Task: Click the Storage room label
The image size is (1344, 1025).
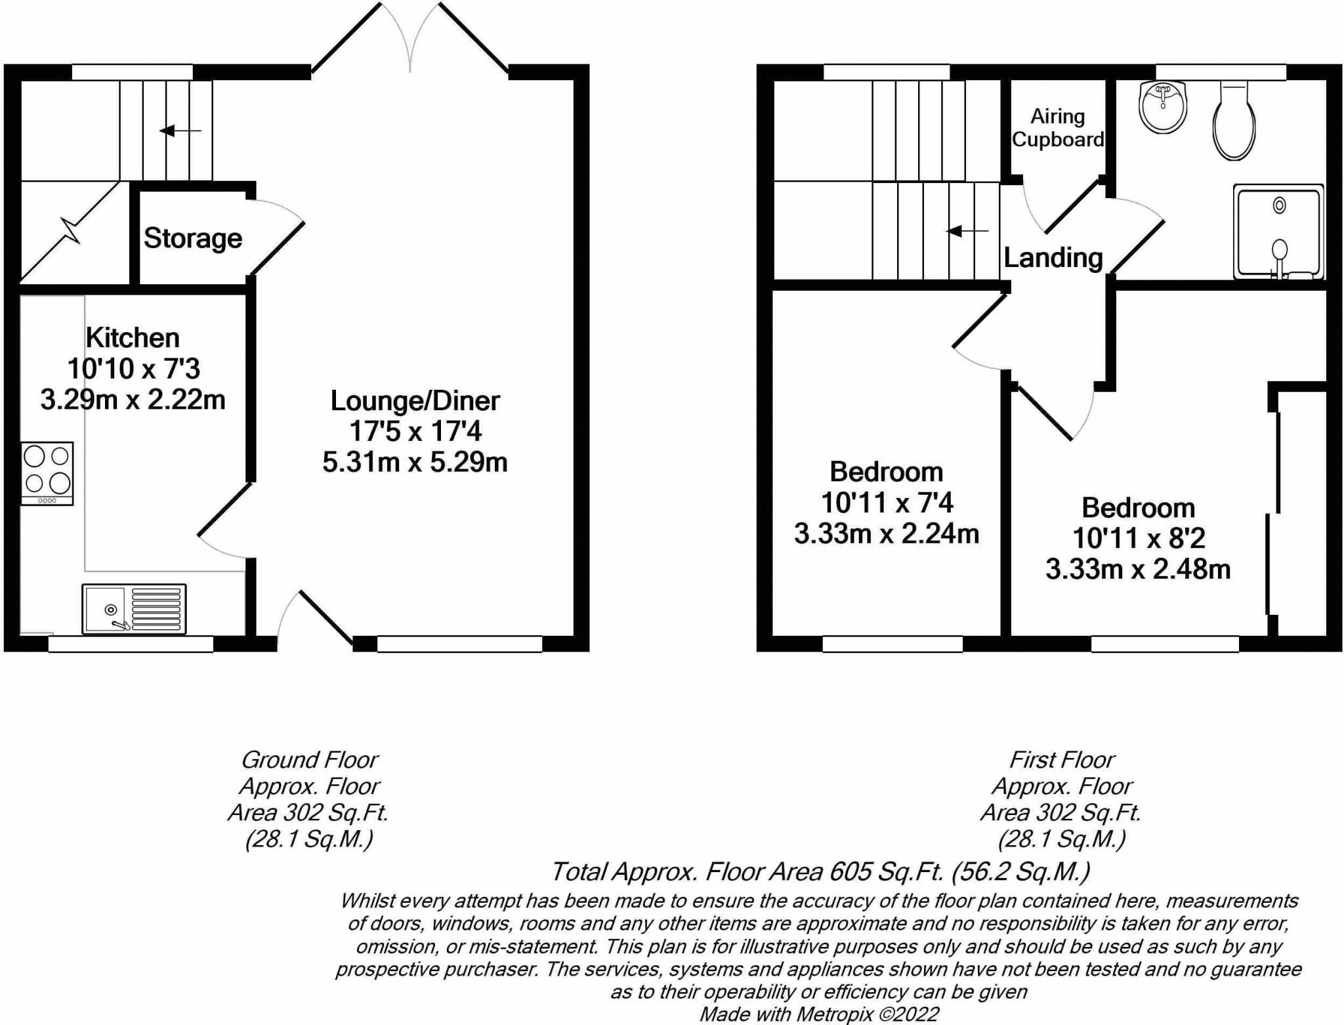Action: [193, 238]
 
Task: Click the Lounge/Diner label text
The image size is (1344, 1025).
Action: [415, 401]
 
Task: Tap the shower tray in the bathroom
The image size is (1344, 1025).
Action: [1278, 232]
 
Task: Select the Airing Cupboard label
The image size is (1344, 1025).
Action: [1058, 128]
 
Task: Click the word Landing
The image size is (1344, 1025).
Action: [1053, 258]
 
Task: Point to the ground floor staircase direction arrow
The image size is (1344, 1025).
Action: [180, 131]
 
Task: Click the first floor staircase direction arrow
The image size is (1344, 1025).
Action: [967, 231]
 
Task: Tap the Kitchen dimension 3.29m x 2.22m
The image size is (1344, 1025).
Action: [133, 400]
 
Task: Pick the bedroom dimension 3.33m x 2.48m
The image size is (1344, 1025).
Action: [1138, 570]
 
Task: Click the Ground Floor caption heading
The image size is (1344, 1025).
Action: [310, 760]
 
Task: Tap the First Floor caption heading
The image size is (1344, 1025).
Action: [1062, 760]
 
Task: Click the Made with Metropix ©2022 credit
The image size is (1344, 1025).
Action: [819, 1015]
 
